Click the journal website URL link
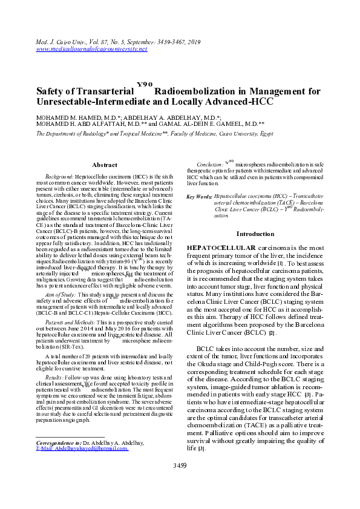point(92,48)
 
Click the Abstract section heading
point(104,165)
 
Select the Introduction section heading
point(255,234)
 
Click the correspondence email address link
point(83,449)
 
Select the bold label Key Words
point(200,197)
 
